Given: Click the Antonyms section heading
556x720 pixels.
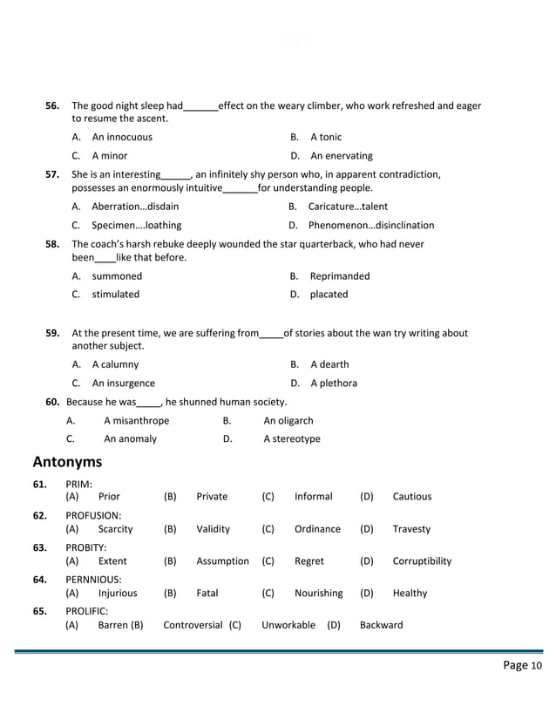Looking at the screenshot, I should (x=67, y=461).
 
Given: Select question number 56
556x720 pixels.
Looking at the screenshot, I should (x=52, y=105).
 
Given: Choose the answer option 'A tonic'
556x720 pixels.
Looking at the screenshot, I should (x=326, y=137).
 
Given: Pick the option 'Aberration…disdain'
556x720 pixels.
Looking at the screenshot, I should (x=135, y=207).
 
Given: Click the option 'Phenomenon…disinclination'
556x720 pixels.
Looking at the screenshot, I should (x=371, y=225).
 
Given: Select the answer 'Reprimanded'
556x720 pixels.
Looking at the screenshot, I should (x=340, y=276).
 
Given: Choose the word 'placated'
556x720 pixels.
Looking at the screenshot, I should (x=329, y=295).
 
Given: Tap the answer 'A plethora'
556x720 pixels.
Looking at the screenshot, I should (x=334, y=383).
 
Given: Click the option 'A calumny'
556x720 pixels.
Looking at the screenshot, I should (x=115, y=364).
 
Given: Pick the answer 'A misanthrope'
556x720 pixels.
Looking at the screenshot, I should (x=136, y=421).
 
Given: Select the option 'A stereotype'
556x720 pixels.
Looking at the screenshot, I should (x=292, y=439).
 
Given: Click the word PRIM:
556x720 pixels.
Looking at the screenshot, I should (x=79, y=484).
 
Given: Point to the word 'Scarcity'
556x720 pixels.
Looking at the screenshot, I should (x=115, y=529).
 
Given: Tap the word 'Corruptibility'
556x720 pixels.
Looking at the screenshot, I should (x=422, y=561).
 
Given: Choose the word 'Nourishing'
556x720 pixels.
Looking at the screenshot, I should (x=318, y=594).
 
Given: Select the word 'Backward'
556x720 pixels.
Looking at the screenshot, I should (x=381, y=625).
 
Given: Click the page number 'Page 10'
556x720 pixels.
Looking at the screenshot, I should (x=523, y=666).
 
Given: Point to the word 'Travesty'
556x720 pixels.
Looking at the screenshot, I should (x=411, y=529).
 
